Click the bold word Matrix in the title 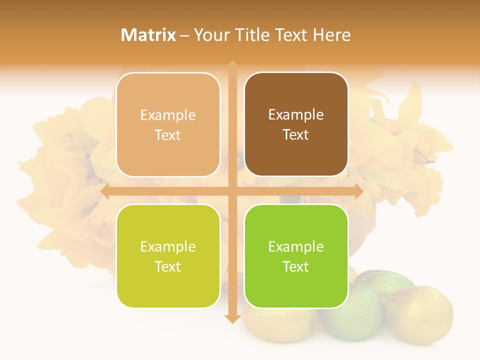coord(148,35)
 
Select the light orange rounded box coord(168,124)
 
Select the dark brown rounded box coord(296,124)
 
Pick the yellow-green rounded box coord(168,256)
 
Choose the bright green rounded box coord(296,256)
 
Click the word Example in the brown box coord(296,115)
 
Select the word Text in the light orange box coord(168,135)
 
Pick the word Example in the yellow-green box coord(168,246)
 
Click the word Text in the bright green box coord(296,266)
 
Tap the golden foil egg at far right coord(425,312)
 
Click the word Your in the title coord(209,35)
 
